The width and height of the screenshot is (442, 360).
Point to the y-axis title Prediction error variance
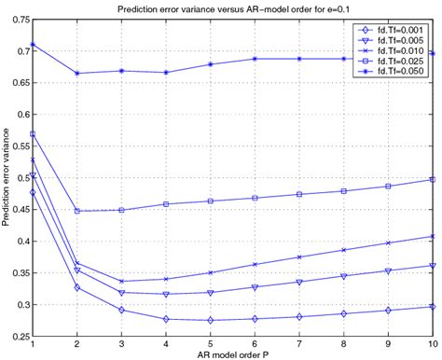(x=7, y=178)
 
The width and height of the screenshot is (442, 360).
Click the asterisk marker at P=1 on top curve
(x=34, y=45)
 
